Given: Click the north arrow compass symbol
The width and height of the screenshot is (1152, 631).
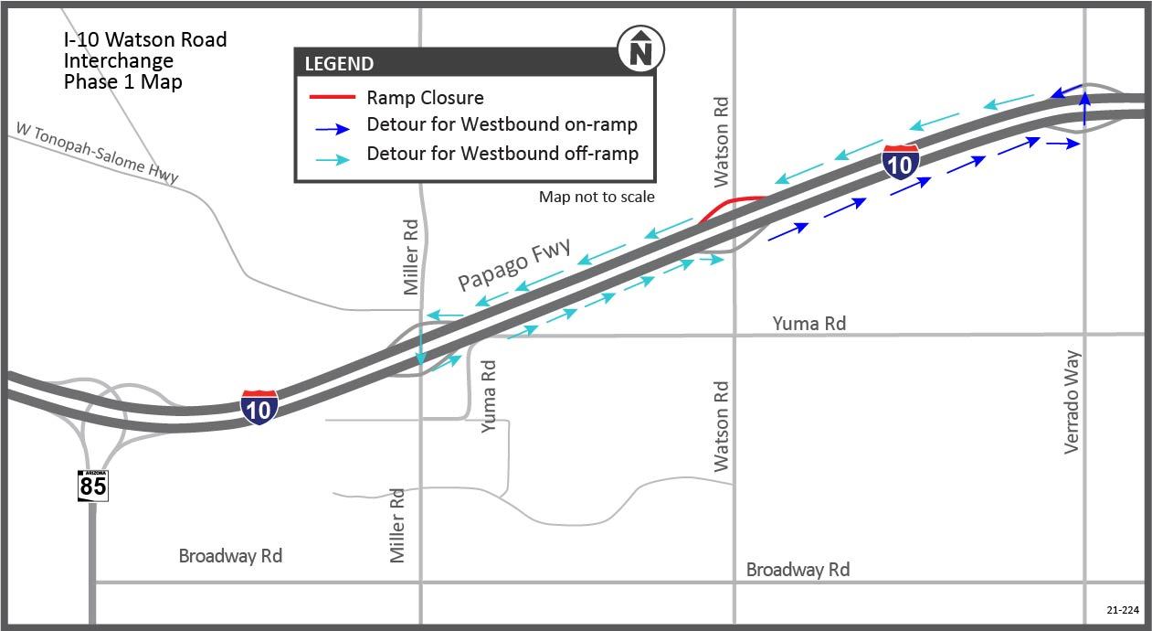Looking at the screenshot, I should pos(641,49).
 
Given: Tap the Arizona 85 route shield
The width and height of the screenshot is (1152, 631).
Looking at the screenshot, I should pos(92,485).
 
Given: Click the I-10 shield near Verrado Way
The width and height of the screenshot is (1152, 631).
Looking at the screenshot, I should pos(901,161).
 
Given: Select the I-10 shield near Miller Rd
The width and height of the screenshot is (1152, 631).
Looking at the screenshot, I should pos(259,406).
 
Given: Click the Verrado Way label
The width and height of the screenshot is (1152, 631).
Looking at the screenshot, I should pos(1073,401).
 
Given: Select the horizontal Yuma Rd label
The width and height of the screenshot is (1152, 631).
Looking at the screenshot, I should pos(809,323).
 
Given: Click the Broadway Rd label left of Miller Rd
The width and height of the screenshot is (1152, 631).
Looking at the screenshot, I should pos(230,556).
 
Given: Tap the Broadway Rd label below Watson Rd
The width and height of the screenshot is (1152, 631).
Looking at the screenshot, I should pos(798,570).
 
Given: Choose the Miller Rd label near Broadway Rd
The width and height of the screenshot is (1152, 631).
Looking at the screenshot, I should pos(397,525).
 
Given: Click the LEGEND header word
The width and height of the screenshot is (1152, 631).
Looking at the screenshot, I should pos(339,64).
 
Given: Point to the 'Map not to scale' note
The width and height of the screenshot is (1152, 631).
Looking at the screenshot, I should pos(597,197).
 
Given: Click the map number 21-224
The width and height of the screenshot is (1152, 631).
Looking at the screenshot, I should pos(1121,609).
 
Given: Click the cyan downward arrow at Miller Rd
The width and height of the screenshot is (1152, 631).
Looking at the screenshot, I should pos(419,350).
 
